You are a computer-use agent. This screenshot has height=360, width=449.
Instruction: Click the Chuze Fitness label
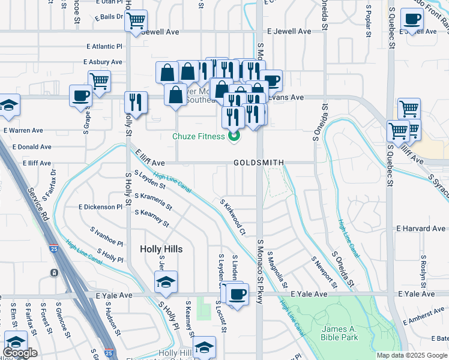click(198, 136)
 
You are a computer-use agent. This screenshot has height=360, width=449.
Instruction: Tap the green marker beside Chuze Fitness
click(234, 136)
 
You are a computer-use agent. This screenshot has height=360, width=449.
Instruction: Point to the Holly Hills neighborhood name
click(161, 248)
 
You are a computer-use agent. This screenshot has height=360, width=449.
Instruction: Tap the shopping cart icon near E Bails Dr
click(136, 21)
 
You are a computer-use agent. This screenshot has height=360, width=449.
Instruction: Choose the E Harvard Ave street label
click(421, 229)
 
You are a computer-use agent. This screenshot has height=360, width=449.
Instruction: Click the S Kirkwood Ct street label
click(233, 217)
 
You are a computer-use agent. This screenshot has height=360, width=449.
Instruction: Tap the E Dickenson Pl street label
click(100, 206)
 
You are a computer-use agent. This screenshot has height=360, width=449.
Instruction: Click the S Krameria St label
click(153, 202)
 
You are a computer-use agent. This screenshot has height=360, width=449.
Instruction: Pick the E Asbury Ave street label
click(103, 62)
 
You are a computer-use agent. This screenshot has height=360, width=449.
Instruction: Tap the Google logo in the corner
click(19, 353)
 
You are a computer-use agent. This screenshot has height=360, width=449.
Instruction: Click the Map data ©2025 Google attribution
click(412, 355)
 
